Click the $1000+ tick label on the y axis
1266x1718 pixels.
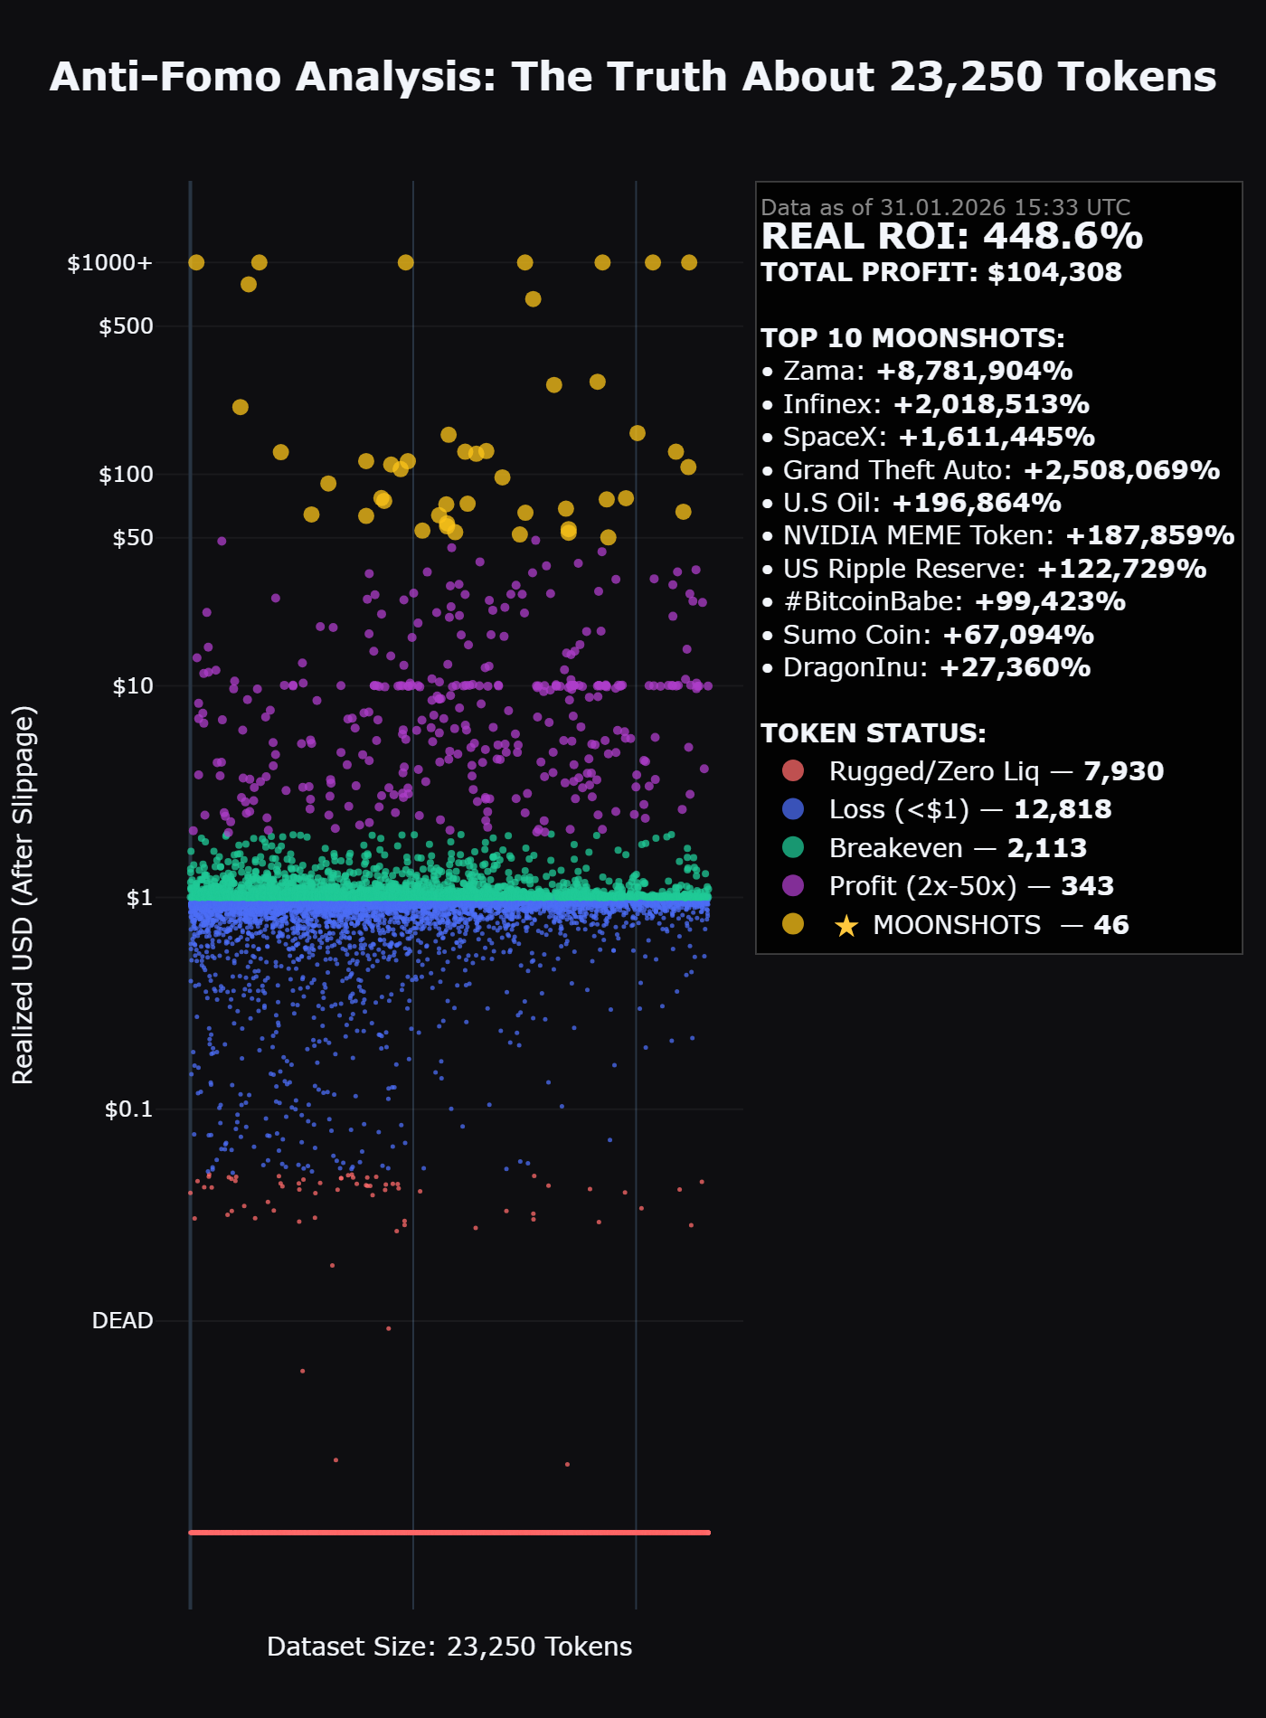point(109,263)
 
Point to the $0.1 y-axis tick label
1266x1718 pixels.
point(128,1109)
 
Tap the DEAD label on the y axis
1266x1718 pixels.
point(122,1321)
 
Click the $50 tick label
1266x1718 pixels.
point(132,538)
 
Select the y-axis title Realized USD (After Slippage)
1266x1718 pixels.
point(24,895)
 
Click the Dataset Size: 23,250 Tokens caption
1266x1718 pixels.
point(449,1647)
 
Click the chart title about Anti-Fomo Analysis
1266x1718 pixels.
point(633,77)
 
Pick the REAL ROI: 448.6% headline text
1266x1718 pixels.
point(951,237)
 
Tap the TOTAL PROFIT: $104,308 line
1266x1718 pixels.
point(940,272)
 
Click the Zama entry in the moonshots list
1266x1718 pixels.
point(916,371)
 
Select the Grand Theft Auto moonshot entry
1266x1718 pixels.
point(989,470)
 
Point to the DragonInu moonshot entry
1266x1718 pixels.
point(925,667)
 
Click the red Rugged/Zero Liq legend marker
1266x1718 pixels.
point(793,771)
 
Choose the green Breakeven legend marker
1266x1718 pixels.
point(793,848)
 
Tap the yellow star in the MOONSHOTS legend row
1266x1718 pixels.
point(846,926)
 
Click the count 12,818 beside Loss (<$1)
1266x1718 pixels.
point(1063,809)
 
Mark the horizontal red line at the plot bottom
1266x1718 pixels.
point(449,1533)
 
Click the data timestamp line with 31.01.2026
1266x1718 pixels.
point(945,207)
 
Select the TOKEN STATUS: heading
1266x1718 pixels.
point(873,733)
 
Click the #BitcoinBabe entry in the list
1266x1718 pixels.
point(942,601)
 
